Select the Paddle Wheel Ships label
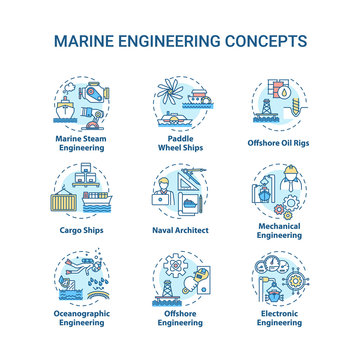(181, 142)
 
